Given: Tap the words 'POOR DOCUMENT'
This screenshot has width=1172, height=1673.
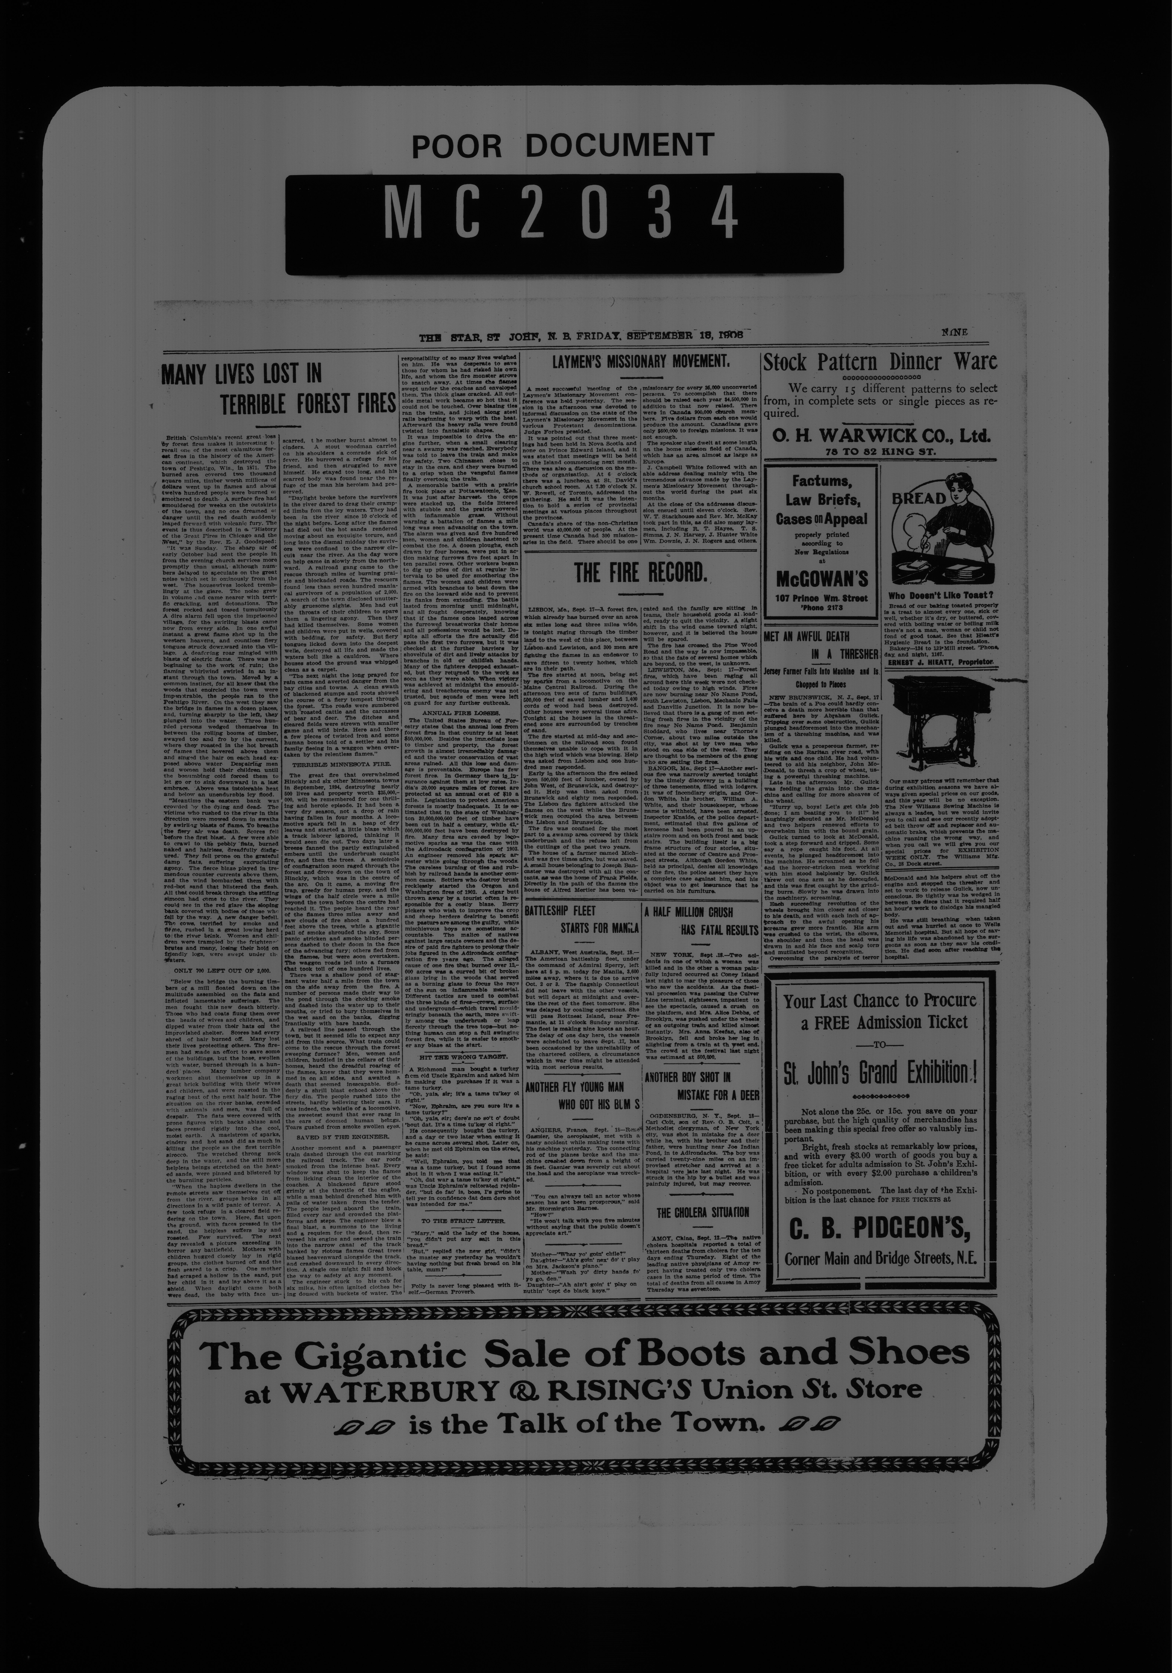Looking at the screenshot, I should click(563, 146).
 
